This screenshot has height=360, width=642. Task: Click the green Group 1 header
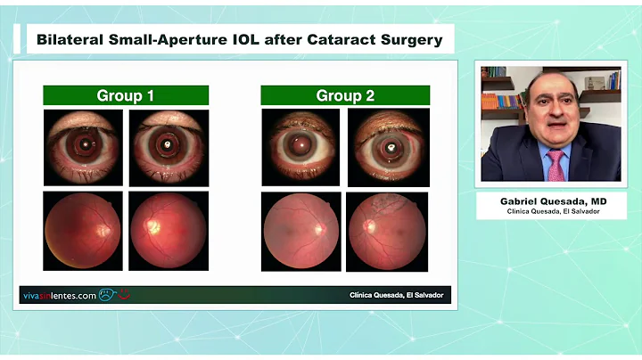click(x=126, y=95)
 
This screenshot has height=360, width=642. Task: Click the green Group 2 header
click(x=345, y=95)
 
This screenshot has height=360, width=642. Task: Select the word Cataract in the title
click(x=350, y=39)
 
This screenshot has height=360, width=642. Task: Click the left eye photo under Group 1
click(x=83, y=147)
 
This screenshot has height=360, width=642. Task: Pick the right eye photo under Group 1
click(x=169, y=147)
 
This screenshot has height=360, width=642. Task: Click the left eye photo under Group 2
click(x=300, y=147)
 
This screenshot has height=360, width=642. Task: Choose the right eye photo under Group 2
click(x=386, y=147)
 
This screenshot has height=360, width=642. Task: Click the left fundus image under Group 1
click(x=83, y=231)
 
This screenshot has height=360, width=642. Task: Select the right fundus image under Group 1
click(x=169, y=231)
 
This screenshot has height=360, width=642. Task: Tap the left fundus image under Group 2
click(x=300, y=231)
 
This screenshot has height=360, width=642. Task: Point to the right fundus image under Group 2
click(x=386, y=231)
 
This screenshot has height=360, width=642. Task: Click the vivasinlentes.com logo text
click(x=58, y=296)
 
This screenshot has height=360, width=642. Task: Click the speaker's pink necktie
click(x=556, y=165)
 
